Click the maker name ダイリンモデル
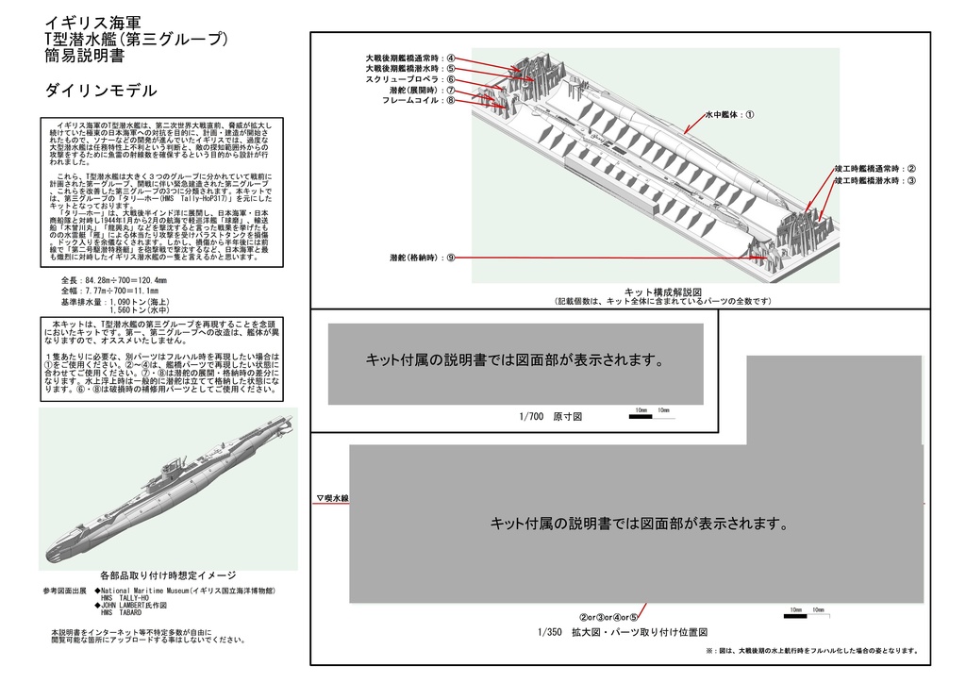click(101, 91)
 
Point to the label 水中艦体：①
click(729, 114)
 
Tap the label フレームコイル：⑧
click(418, 100)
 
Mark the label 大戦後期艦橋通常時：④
click(410, 58)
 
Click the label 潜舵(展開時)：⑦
click(422, 90)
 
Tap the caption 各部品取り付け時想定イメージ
click(167, 575)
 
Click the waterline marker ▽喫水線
click(332, 498)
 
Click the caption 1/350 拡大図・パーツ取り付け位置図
click(622, 632)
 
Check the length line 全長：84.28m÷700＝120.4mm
click(113, 280)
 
